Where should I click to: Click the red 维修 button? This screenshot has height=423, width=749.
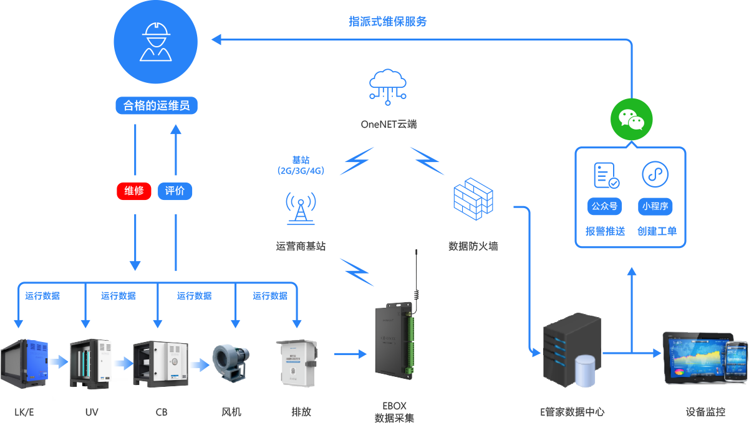(x=135, y=191)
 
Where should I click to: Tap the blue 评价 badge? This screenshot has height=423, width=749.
(x=175, y=191)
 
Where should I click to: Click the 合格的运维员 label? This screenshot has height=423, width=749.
(x=156, y=106)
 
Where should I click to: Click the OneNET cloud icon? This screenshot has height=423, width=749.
(x=388, y=85)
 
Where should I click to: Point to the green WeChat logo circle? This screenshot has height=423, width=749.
(x=631, y=118)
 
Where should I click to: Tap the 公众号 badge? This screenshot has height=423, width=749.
(x=605, y=206)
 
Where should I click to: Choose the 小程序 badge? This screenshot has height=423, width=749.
(x=655, y=206)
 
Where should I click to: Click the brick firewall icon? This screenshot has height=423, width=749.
(x=473, y=198)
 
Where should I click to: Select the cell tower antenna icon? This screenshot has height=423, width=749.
(x=301, y=208)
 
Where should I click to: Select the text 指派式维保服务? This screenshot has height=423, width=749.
(x=387, y=21)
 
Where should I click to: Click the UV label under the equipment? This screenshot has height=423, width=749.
(x=92, y=412)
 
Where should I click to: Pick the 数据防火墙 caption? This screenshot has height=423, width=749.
(x=473, y=246)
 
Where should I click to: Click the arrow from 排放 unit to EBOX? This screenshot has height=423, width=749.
(x=350, y=354)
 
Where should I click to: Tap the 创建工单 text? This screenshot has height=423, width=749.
(x=657, y=232)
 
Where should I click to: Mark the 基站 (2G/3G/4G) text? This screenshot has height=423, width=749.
(x=301, y=165)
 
